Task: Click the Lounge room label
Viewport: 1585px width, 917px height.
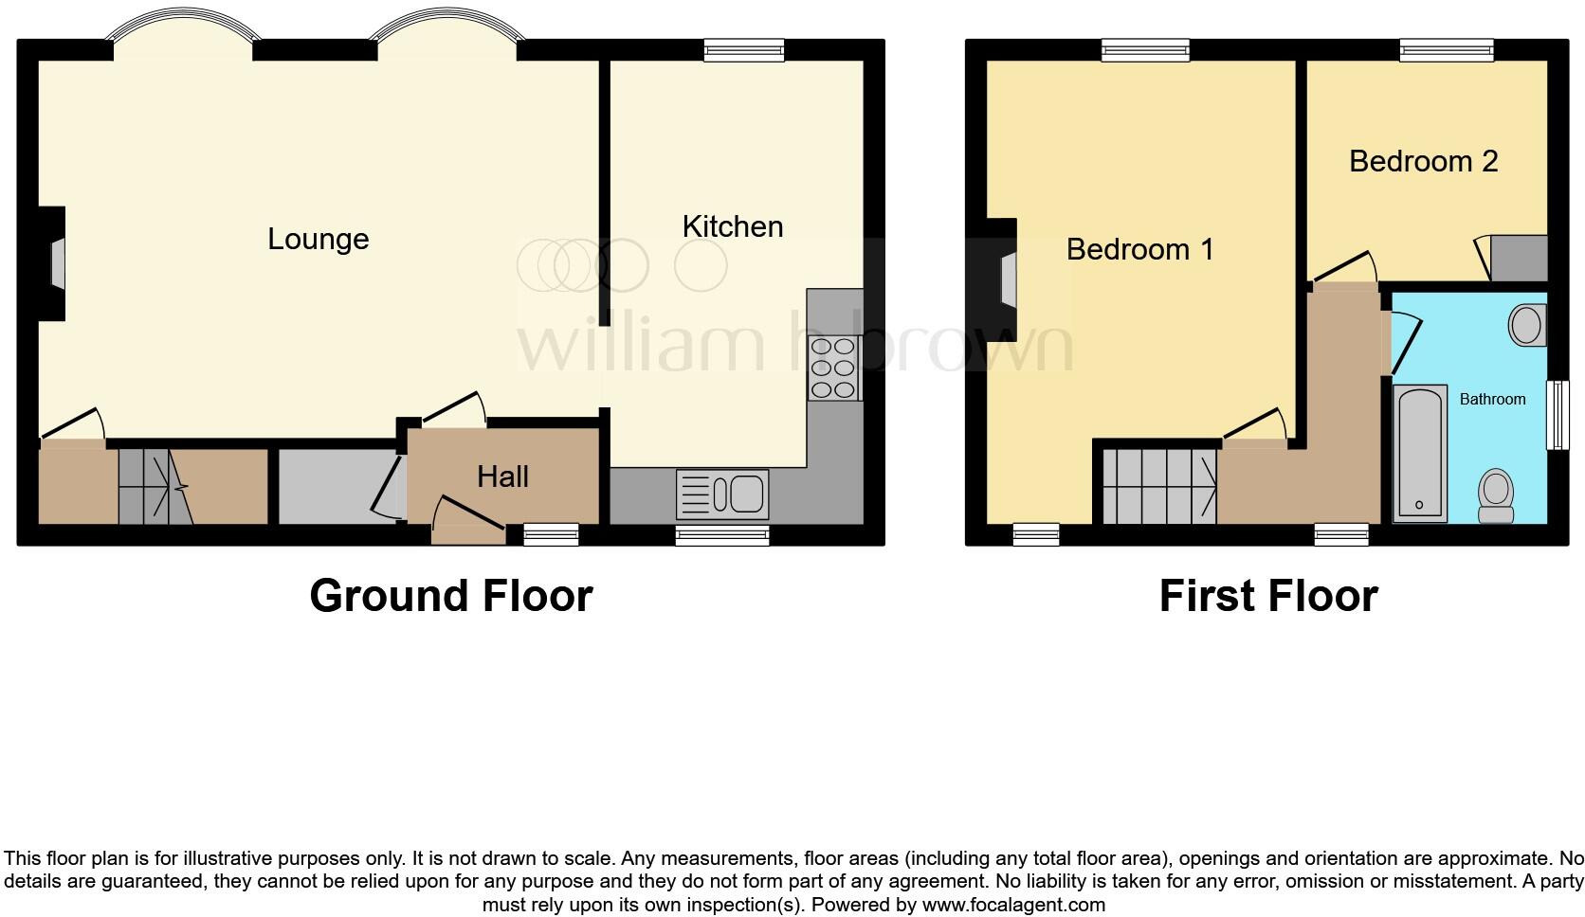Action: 318,239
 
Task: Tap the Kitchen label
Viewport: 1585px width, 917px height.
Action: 733,226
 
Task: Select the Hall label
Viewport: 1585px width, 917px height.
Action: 502,476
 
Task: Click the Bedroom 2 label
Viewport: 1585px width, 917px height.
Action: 1423,161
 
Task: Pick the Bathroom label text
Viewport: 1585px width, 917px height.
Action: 1492,399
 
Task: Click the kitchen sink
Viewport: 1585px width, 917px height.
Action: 722,494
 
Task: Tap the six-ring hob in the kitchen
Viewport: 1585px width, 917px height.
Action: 833,369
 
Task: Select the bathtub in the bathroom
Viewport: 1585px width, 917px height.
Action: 1420,452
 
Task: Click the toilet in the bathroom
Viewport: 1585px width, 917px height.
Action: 1496,495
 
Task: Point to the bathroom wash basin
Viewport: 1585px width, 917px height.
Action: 1526,325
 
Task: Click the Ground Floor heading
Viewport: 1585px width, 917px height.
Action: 451,596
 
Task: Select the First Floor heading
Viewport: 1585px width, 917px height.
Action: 1267,596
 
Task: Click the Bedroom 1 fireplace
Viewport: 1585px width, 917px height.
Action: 1006,279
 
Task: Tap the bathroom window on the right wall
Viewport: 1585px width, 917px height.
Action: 1556,415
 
